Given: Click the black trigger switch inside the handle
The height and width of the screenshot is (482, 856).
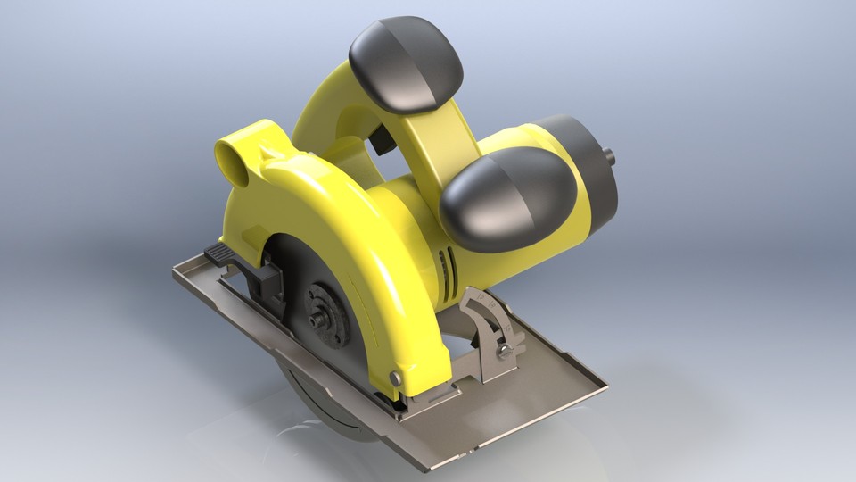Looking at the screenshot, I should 382,138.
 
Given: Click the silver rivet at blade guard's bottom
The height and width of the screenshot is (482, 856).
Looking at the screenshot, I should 395,378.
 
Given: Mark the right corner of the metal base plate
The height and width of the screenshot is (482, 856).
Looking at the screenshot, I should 606,384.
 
